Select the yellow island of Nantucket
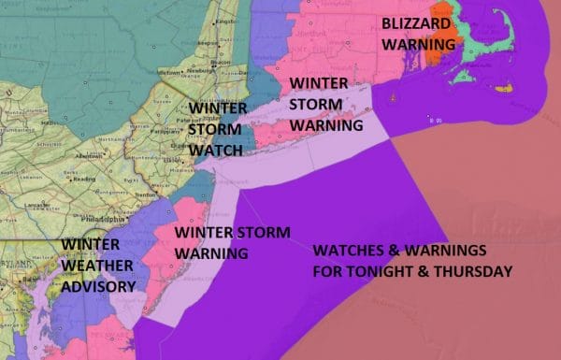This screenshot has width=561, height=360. click(504, 88)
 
